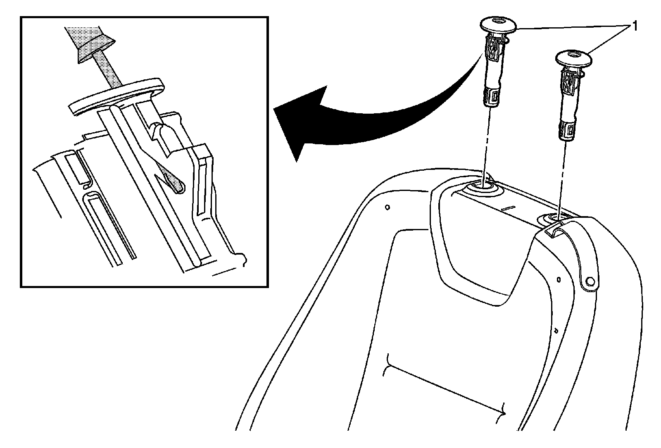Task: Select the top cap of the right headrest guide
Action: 572,57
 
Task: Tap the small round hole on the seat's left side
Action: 387,207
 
